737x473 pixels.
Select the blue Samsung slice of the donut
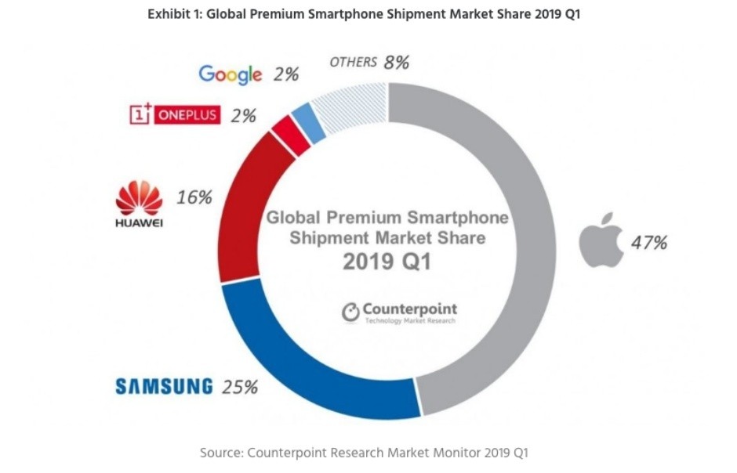click(x=314, y=368)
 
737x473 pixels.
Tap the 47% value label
click(x=649, y=243)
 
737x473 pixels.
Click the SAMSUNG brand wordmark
click(x=164, y=386)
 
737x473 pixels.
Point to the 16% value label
click(x=194, y=197)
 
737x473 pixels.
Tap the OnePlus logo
click(x=175, y=115)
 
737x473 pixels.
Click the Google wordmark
click(x=230, y=74)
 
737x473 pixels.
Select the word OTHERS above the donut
click(x=353, y=62)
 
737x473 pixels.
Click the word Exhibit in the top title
click(x=169, y=14)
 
